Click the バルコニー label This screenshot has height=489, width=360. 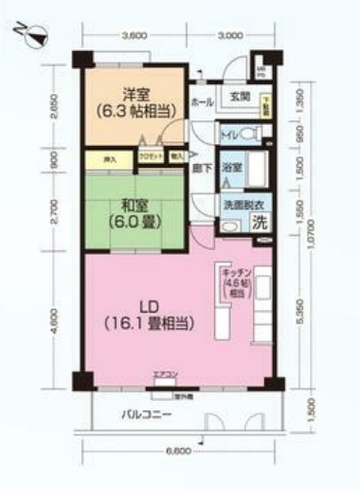pos(145,415)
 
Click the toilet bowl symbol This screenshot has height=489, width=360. pos(245,133)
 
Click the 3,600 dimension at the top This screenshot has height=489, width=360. pos(135,36)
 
